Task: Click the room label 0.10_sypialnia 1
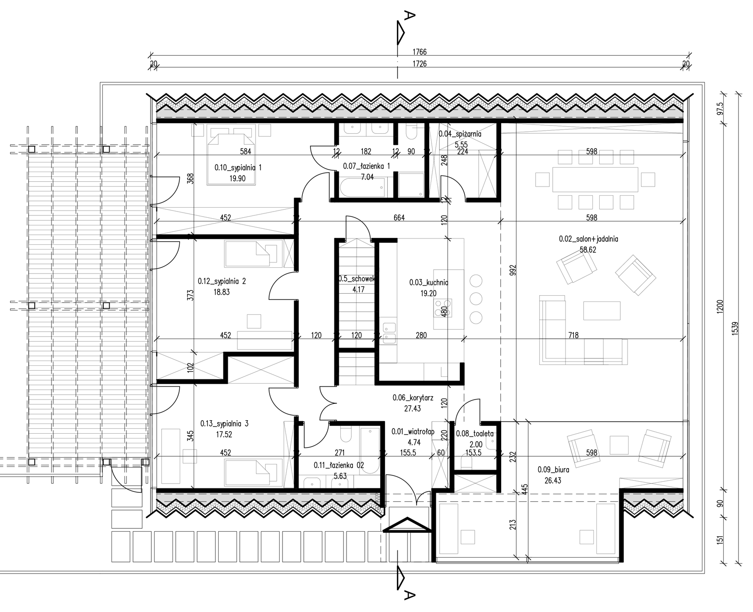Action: pos(238,168)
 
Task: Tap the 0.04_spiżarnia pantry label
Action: pos(460,134)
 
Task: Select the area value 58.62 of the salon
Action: pos(588,250)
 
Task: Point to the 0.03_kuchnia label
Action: pos(429,283)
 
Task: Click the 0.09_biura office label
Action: pos(553,470)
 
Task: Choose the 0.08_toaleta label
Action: pos(474,434)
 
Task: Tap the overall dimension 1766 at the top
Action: pos(420,52)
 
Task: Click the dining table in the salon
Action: pos(595,180)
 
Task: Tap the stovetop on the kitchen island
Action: pos(443,308)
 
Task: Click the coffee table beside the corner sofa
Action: pos(602,311)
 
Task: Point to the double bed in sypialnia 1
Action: pos(232,159)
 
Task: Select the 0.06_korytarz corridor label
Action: pos(413,398)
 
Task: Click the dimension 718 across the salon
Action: pos(573,335)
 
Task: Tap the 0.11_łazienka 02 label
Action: pos(339,465)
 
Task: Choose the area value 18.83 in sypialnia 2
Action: pos(222,292)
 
